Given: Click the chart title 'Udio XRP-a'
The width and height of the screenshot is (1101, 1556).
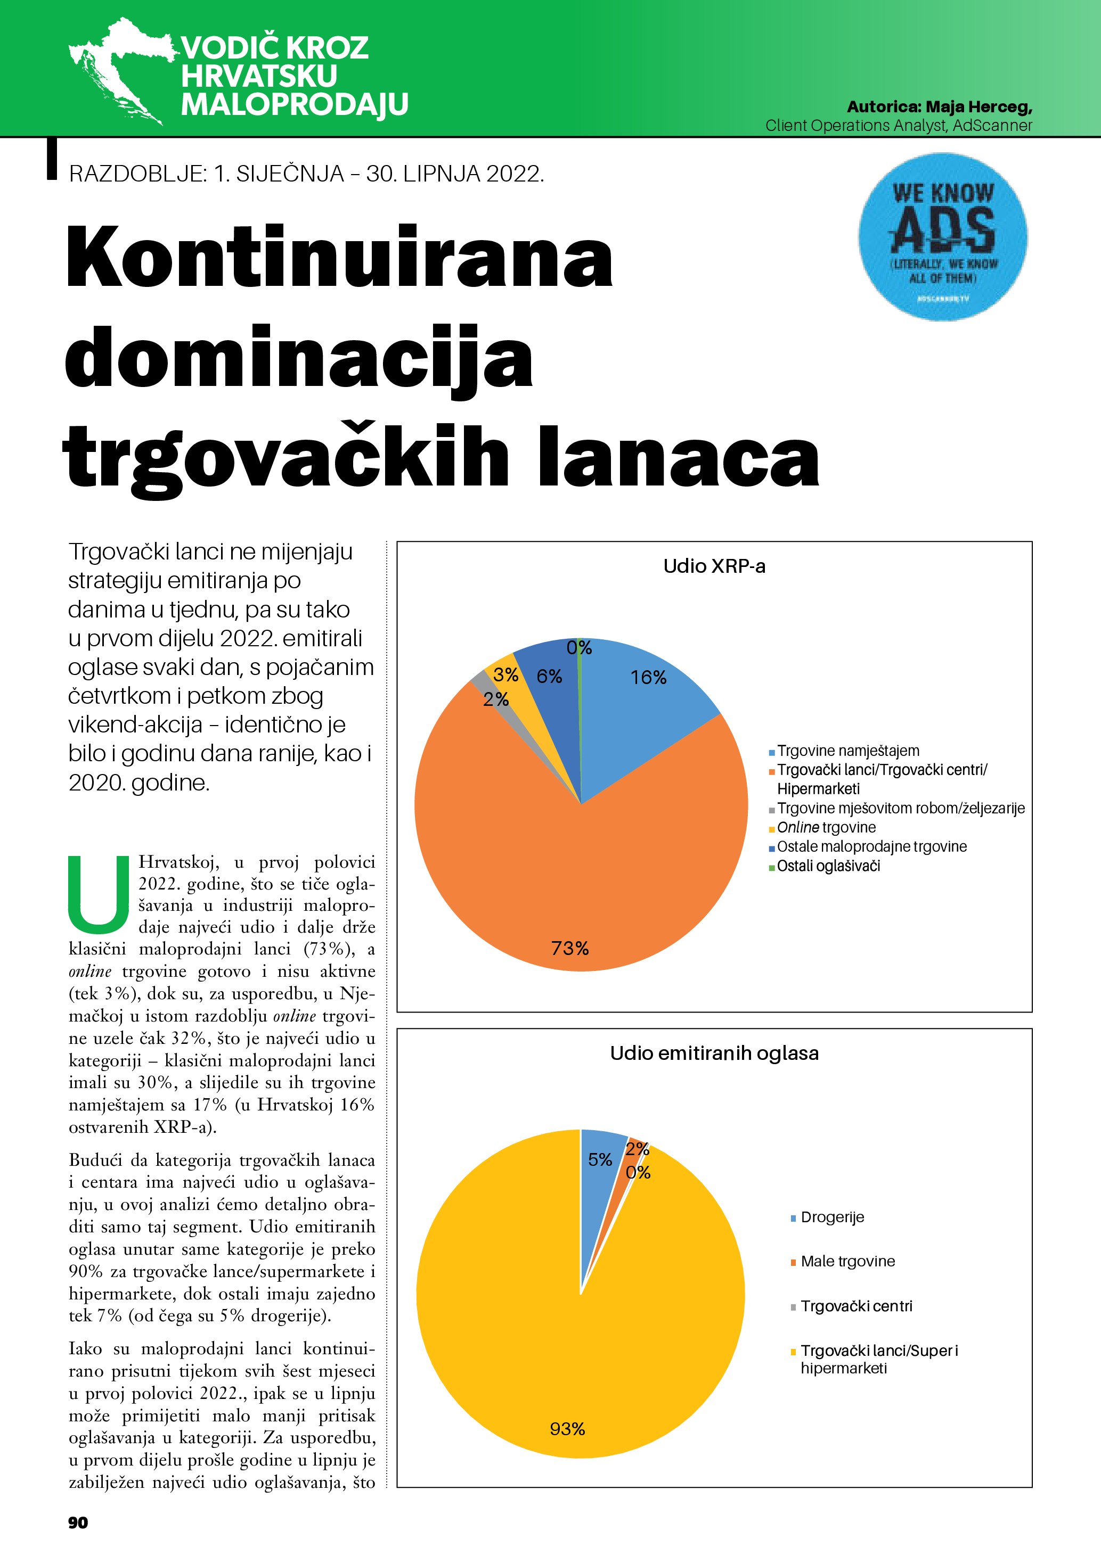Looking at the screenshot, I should tap(714, 566).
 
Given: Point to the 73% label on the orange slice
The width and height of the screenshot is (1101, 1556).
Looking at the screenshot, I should tap(569, 948).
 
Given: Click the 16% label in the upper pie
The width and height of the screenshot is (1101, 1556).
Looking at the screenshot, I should tap(648, 677).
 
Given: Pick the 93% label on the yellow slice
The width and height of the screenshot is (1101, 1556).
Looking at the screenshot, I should tap(567, 1429).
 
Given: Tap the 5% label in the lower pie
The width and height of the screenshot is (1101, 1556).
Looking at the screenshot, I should tap(599, 1159).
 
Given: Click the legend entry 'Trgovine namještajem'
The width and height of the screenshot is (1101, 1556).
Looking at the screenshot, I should tap(847, 751).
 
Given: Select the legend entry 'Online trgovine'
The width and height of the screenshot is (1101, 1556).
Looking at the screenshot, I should tap(826, 827).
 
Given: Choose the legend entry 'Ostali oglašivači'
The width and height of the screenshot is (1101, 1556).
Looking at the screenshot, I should tap(828, 866).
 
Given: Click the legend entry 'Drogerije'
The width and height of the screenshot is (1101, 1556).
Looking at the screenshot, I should tap(832, 1217).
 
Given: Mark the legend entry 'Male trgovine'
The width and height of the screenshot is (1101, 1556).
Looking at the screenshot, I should tap(847, 1261).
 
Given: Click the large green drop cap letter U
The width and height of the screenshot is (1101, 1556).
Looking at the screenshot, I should tap(99, 894).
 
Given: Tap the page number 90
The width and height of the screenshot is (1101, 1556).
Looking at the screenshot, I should tap(78, 1523).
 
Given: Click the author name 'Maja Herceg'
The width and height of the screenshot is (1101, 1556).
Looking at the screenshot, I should tap(978, 106).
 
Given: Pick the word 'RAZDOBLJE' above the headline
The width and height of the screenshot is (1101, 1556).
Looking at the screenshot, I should tap(137, 174).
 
